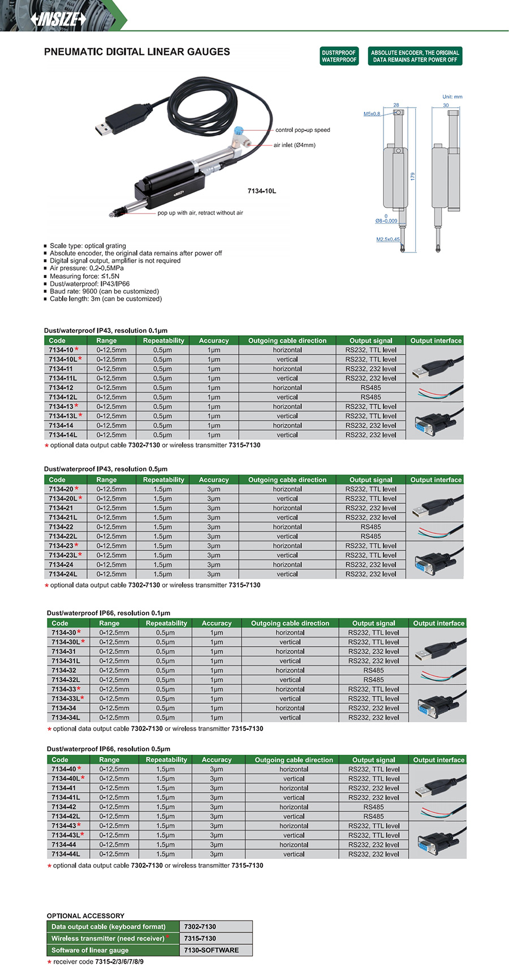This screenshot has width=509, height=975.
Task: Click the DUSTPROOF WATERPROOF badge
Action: [339, 56]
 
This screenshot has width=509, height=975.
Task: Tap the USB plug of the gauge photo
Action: [104, 128]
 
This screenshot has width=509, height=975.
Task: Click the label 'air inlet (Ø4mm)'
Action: [294, 145]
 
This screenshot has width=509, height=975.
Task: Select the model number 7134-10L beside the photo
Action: [262, 191]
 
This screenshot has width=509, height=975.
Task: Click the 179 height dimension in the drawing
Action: [413, 176]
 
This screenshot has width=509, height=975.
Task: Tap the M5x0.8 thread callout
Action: [372, 114]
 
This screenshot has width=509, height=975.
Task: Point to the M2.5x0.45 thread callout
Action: [388, 239]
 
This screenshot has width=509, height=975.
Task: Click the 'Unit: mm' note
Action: [452, 97]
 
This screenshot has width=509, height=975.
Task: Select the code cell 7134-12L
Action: [63, 397]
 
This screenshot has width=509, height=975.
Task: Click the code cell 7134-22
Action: [61, 527]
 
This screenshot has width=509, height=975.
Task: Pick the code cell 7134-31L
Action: [66, 661]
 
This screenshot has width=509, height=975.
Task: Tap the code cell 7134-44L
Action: [66, 854]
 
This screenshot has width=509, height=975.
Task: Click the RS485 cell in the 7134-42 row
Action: [373, 807]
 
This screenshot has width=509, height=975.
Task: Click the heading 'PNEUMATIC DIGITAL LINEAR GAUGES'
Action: [137, 52]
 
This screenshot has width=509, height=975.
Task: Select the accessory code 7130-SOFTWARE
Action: [211, 950]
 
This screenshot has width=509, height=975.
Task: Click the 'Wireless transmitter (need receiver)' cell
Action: [108, 938]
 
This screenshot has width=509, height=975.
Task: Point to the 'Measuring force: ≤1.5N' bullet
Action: [84, 276]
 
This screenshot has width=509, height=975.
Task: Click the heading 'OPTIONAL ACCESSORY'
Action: [85, 916]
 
